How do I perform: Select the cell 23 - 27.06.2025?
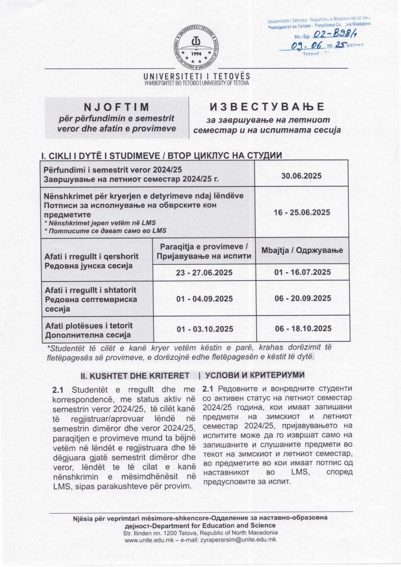[x=204, y=272]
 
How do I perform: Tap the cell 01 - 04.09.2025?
[x=204, y=299]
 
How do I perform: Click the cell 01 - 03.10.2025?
[x=204, y=329]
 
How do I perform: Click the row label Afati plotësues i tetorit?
[x=89, y=325]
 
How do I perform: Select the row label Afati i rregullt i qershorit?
[x=92, y=256]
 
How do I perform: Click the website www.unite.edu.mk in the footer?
[x=148, y=540]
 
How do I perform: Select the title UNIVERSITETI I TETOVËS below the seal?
[x=196, y=76]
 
